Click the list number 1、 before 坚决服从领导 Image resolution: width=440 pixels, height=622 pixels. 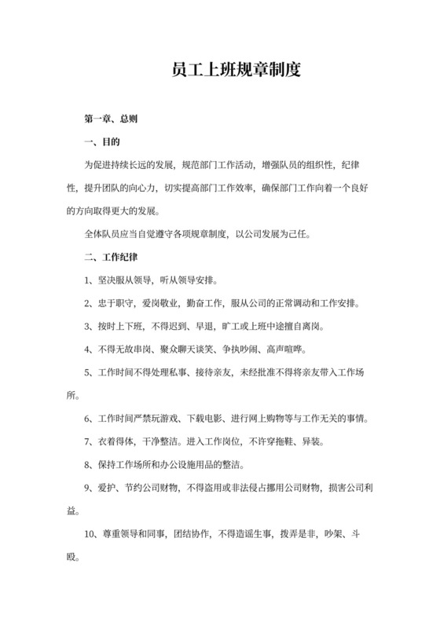pos(89,279)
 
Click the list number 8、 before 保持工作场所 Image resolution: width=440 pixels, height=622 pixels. pos(89,463)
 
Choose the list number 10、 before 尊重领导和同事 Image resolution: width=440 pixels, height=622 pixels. pos(92,532)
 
